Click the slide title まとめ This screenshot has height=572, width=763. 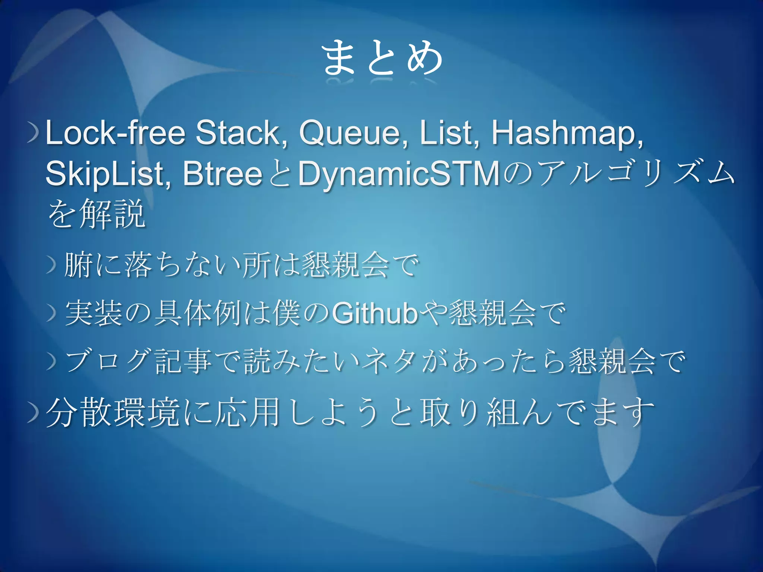[381, 58]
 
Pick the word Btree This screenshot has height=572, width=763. [222, 174]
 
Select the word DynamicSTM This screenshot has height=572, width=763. [399, 174]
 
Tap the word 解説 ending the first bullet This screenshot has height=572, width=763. [112, 214]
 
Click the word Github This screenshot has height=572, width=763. [374, 314]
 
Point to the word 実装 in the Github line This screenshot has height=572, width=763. [94, 314]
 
